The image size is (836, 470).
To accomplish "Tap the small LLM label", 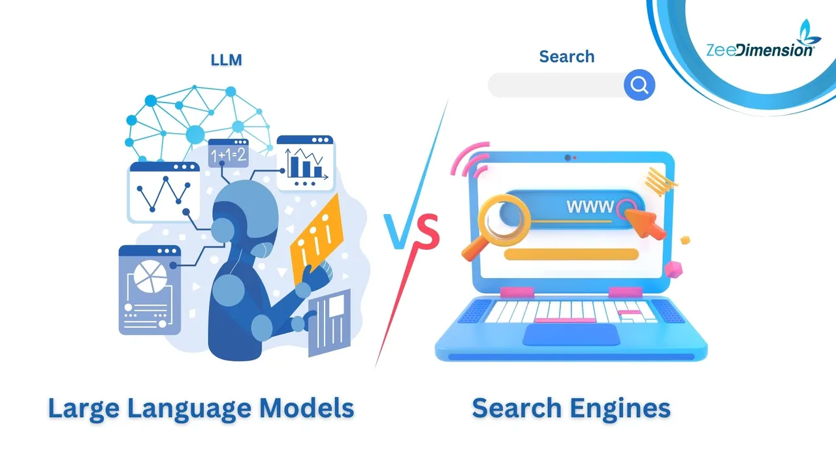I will [226, 59].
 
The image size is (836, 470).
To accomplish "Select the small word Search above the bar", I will [566, 57].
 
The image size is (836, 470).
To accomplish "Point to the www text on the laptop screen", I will [589, 208].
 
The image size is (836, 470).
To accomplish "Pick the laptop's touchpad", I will [571, 335].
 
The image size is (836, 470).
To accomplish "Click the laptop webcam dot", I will [568, 157].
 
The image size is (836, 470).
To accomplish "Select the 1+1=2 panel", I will [227, 154].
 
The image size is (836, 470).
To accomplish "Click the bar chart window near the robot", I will [306, 163].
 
